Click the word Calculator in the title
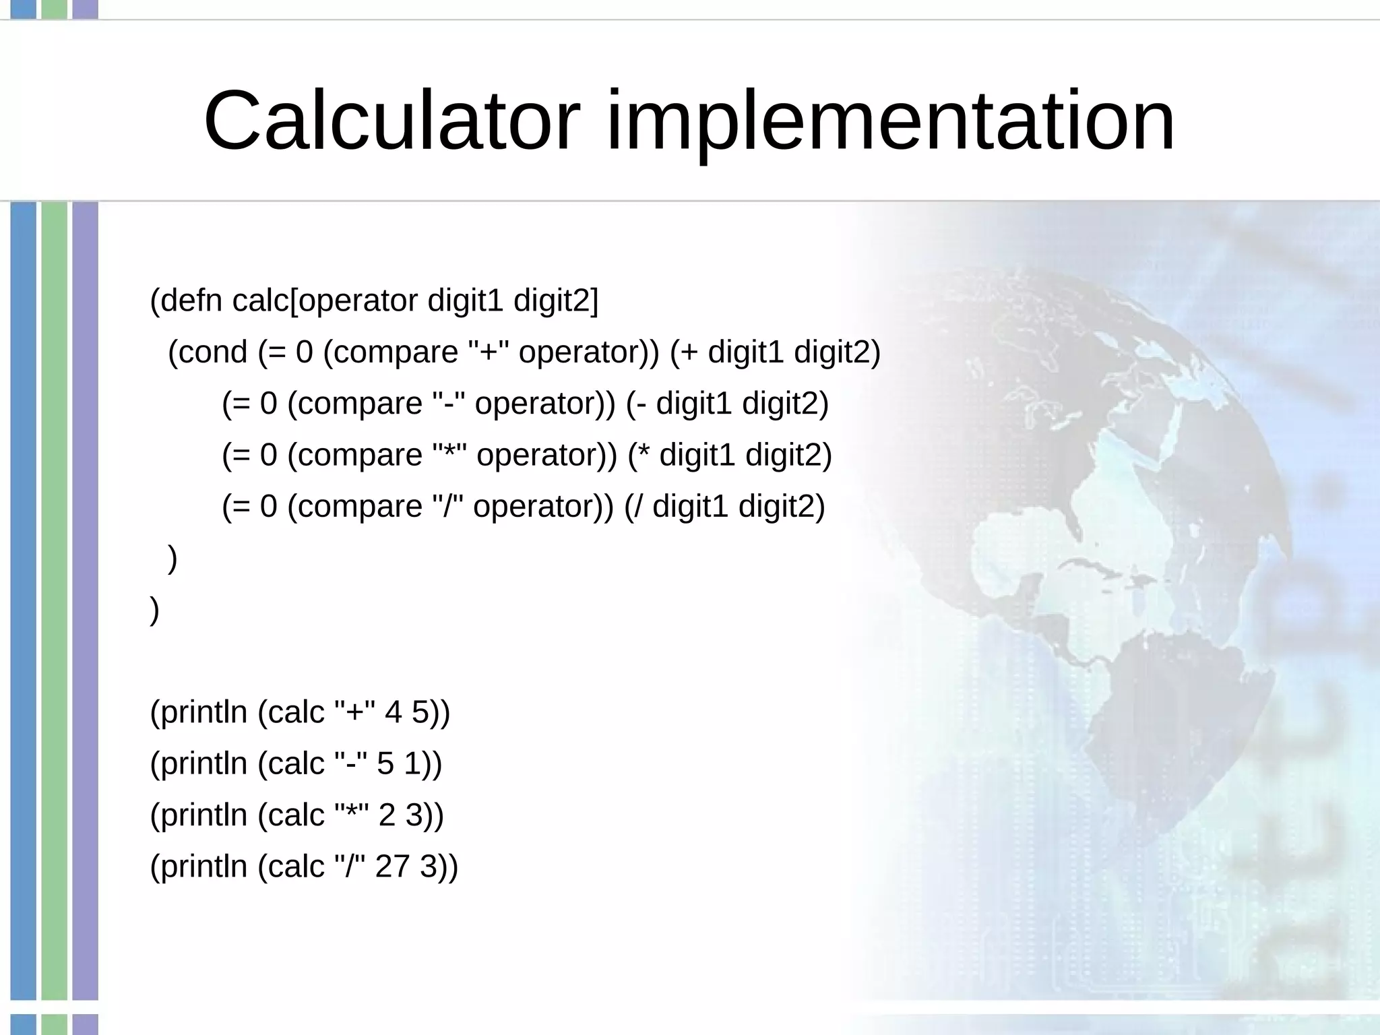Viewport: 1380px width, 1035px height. (391, 121)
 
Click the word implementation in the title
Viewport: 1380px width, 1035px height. (890, 121)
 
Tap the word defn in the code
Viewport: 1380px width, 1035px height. (191, 301)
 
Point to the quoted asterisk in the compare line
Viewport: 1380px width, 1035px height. (448, 455)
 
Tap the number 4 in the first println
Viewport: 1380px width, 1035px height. (393, 712)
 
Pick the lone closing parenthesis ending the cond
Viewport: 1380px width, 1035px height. (172, 558)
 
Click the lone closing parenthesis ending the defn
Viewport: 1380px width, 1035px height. (155, 609)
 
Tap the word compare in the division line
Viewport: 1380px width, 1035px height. (359, 507)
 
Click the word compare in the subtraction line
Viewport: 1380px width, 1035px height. (359, 404)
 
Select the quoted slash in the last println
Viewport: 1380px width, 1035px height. (350, 867)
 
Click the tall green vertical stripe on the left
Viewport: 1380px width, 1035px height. (55, 600)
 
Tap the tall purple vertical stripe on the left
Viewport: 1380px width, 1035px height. (86, 600)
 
